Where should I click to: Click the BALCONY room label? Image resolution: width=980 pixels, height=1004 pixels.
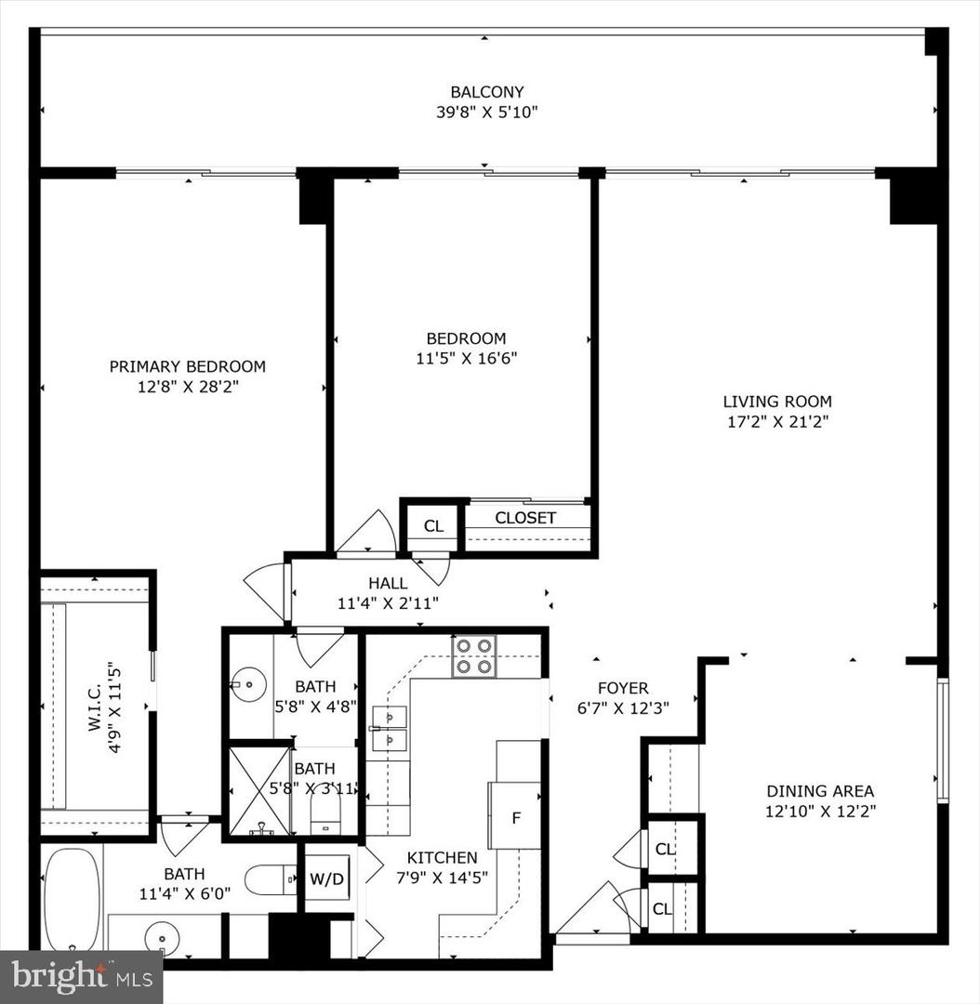pyautogui.click(x=487, y=92)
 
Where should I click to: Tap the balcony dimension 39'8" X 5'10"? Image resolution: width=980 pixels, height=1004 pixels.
pyautogui.click(x=487, y=112)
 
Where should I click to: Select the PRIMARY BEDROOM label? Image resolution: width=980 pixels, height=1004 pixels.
pyautogui.click(x=187, y=366)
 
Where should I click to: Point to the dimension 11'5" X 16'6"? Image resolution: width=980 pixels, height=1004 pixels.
pyautogui.click(x=466, y=358)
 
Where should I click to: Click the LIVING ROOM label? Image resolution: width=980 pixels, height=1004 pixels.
pyautogui.click(x=777, y=402)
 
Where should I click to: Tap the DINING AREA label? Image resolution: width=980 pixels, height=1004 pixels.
pyautogui.click(x=819, y=791)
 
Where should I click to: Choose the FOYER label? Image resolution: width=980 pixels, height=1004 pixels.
pyautogui.click(x=623, y=688)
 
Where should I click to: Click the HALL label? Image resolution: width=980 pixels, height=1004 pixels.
pyautogui.click(x=388, y=583)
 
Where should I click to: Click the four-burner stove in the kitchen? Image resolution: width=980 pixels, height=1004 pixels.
pyautogui.click(x=474, y=655)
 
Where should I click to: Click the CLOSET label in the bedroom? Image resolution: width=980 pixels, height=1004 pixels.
pyautogui.click(x=525, y=518)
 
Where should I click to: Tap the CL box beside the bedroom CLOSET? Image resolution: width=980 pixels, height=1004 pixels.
pyautogui.click(x=433, y=526)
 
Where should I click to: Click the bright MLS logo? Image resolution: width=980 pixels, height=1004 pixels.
pyautogui.click(x=81, y=976)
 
